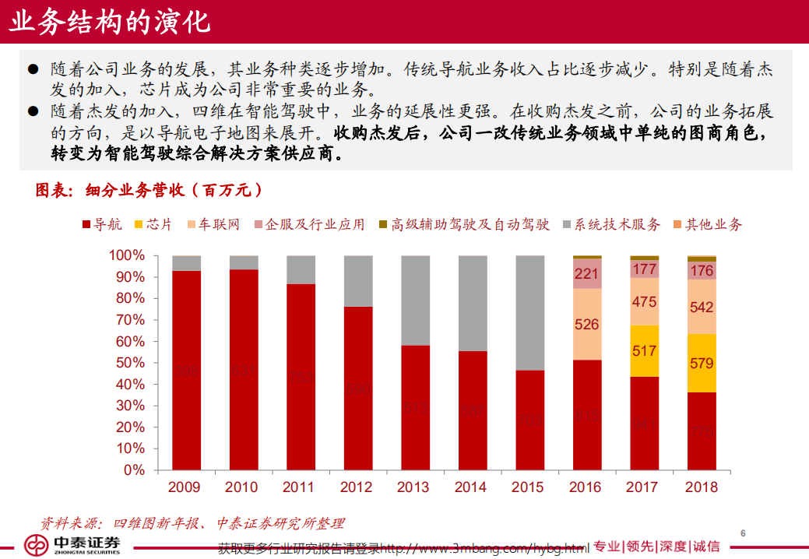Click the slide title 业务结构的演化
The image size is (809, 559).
(109, 21)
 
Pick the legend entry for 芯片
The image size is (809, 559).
(153, 225)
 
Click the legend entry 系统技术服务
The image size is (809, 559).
(610, 225)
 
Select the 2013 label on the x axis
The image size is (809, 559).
(413, 487)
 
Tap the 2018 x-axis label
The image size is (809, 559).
(701, 487)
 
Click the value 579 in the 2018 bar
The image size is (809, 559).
(702, 364)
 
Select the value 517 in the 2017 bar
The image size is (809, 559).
(644, 351)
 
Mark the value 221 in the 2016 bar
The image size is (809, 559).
(586, 274)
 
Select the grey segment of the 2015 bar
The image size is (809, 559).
(529, 311)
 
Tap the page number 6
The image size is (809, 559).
(743, 533)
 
